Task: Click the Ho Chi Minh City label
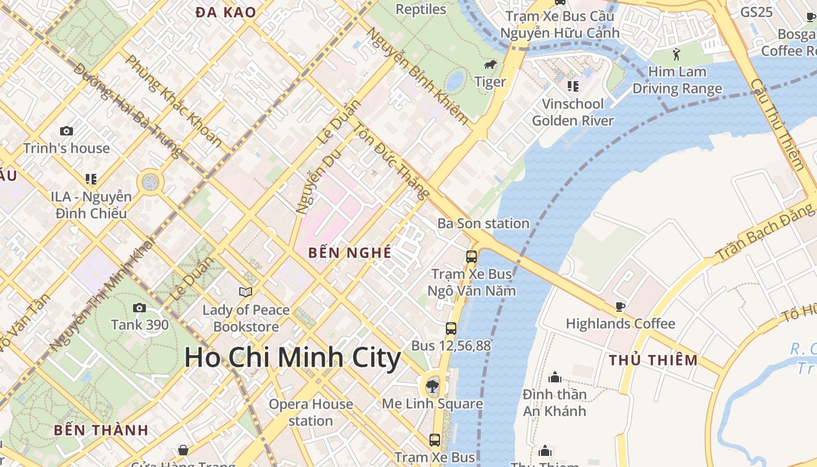292,357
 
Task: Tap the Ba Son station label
483,224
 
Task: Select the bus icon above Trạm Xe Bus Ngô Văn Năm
471,256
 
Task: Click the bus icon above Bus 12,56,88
451,328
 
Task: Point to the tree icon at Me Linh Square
432,385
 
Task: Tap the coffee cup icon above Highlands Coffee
620,306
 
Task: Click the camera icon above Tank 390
139,308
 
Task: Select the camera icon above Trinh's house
67,131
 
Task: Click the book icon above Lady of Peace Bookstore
246,292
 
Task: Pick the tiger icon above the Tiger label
490,65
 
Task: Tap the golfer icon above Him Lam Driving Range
676,54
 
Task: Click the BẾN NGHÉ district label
350,253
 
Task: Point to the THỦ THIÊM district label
653,360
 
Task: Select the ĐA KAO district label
226,12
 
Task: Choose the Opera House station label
310,412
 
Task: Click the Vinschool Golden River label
572,112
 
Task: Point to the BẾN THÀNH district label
101,430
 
